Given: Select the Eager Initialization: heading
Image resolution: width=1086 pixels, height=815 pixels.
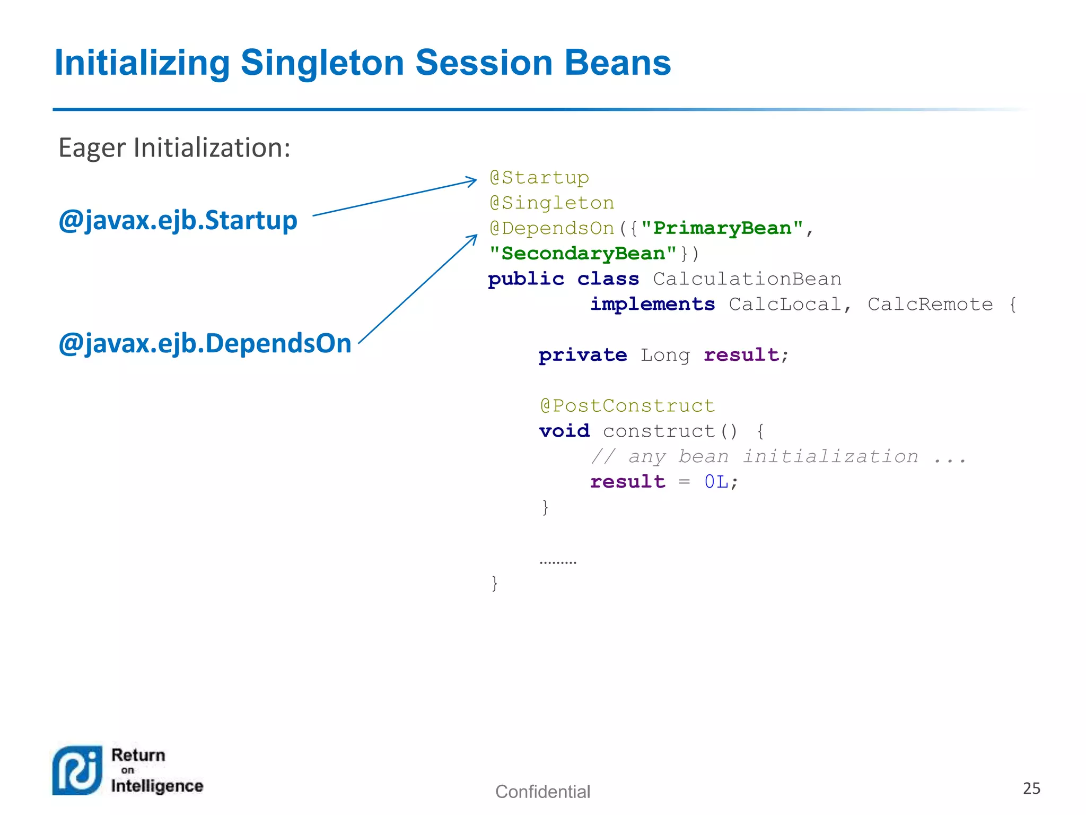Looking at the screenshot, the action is [174, 148].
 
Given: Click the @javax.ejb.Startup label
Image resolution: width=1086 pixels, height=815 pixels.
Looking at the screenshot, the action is [178, 220].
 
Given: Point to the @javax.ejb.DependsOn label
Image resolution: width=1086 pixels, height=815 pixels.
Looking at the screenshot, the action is [205, 343].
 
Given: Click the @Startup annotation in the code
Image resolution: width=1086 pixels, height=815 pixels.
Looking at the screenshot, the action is [539, 178].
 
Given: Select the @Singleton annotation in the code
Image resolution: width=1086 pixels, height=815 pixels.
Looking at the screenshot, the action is [551, 203].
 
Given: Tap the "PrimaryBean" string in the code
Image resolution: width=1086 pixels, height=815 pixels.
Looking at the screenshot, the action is [722, 228].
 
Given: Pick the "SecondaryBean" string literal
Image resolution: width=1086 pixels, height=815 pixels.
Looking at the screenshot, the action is [582, 254].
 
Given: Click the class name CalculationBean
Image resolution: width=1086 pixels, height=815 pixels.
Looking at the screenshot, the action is [747, 279].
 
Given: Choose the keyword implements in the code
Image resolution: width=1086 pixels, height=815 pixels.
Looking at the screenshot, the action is [652, 305].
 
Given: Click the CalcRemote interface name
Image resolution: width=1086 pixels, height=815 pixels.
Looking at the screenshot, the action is [930, 305].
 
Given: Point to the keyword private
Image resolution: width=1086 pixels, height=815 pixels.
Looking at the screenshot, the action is [582, 355].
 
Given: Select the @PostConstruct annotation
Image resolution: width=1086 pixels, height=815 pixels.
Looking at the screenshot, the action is [627, 406].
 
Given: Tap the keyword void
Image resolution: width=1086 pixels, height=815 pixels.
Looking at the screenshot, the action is [564, 431].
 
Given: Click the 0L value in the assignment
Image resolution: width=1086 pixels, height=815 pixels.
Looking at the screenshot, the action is [716, 482].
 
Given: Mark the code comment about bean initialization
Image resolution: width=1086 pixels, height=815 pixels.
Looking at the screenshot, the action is [778, 456].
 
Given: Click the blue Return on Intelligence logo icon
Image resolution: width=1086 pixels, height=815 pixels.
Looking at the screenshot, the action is [77, 770].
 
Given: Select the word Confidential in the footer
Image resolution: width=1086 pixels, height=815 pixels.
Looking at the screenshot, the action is [542, 792].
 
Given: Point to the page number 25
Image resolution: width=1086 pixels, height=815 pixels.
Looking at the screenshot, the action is [1031, 788].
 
